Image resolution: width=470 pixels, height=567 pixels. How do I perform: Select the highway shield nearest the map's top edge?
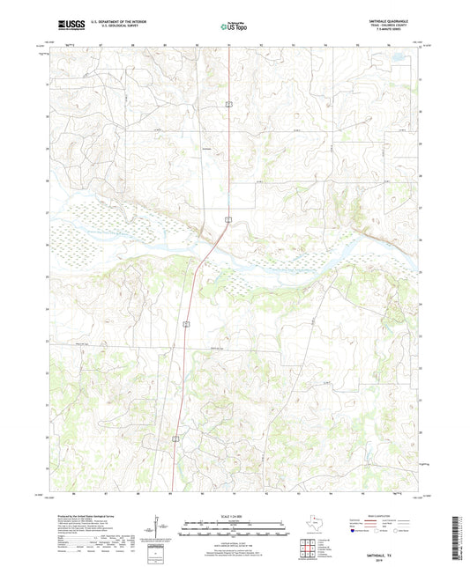[228, 103]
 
